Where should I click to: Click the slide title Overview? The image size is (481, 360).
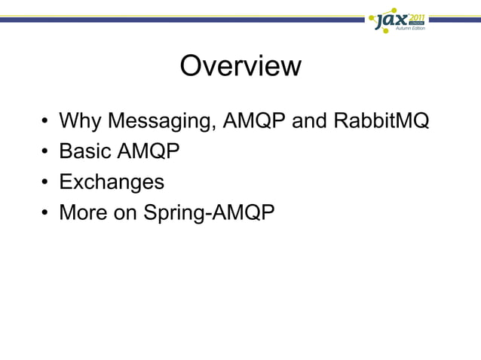[240, 66]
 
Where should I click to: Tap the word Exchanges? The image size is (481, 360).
[112, 183]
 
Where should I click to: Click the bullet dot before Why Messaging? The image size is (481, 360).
[46, 122]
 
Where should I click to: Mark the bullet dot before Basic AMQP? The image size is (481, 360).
[46, 153]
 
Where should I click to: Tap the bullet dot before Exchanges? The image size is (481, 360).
[46, 184]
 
